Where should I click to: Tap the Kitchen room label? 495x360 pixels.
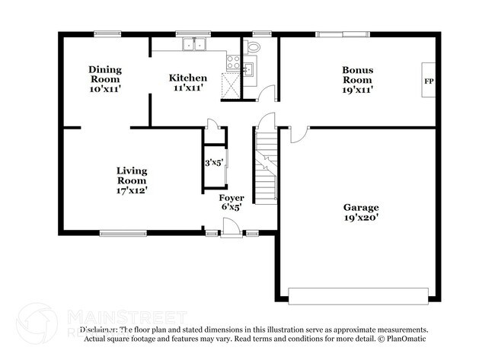187,78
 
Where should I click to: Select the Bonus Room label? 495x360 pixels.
356,75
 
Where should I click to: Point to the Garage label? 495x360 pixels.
361,207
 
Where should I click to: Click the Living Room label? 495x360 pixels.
132,176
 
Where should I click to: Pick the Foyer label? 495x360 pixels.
232,198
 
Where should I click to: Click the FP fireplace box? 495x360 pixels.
428,81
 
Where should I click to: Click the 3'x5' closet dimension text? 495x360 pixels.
213,162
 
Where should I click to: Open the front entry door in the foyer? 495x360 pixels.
228,227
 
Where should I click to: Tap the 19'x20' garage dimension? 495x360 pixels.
361,218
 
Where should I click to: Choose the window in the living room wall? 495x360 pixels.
123,233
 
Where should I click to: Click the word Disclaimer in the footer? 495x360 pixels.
100,330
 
